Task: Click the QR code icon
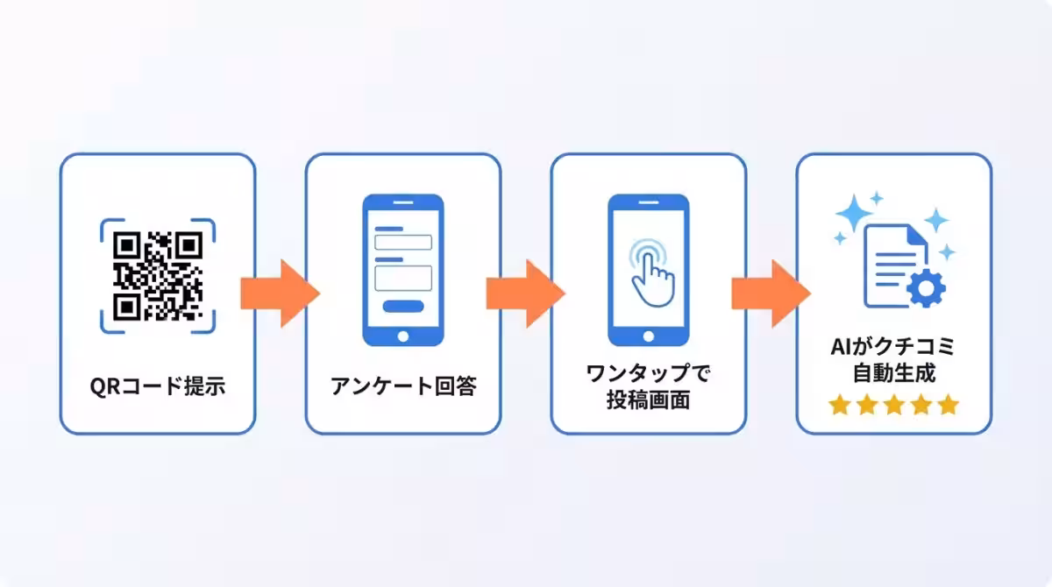pos(158,276)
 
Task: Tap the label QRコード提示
pos(158,386)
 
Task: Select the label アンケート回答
pos(403,386)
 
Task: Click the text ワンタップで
pos(649,373)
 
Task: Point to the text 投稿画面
pos(649,400)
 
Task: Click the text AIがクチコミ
pos(893,347)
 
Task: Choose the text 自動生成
pos(893,373)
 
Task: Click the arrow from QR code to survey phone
pos(281,293)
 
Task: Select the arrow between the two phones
pos(526,293)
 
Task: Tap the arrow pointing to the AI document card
pos(771,293)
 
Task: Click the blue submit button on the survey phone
pos(403,307)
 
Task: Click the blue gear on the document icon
pos(926,288)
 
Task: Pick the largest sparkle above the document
pos(854,213)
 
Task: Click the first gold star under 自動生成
pos(839,405)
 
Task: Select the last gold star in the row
pos(949,405)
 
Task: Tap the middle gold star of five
pos(893,405)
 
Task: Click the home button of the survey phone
pos(403,336)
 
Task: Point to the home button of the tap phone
pos(649,336)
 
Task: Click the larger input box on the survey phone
pos(403,279)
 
